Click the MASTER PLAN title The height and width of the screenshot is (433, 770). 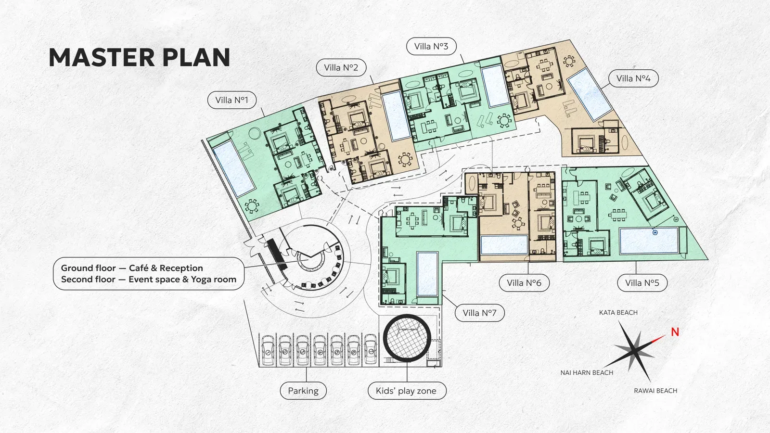coord(139,57)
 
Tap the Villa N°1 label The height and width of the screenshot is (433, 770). coord(231,100)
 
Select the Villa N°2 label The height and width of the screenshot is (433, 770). coord(341,67)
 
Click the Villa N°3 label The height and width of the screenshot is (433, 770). coord(431,46)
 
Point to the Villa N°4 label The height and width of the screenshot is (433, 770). coord(633,78)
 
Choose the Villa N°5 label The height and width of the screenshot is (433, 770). coord(642,283)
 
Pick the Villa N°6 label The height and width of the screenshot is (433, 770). coord(524,283)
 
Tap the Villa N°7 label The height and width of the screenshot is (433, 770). coord(479,313)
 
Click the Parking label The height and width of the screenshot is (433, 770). coord(303,391)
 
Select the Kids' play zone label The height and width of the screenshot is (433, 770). coord(406,391)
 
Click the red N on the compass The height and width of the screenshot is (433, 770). coord(675,332)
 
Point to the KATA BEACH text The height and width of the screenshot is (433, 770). coord(618,312)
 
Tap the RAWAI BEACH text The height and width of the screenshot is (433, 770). coord(655,391)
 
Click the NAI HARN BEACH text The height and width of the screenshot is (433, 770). coord(587,372)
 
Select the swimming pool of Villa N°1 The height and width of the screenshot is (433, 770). coord(234,169)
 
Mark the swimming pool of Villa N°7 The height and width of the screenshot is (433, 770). coord(427,274)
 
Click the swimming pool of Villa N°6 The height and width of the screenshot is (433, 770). coord(504,245)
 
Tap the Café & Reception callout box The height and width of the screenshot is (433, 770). coord(149,274)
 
